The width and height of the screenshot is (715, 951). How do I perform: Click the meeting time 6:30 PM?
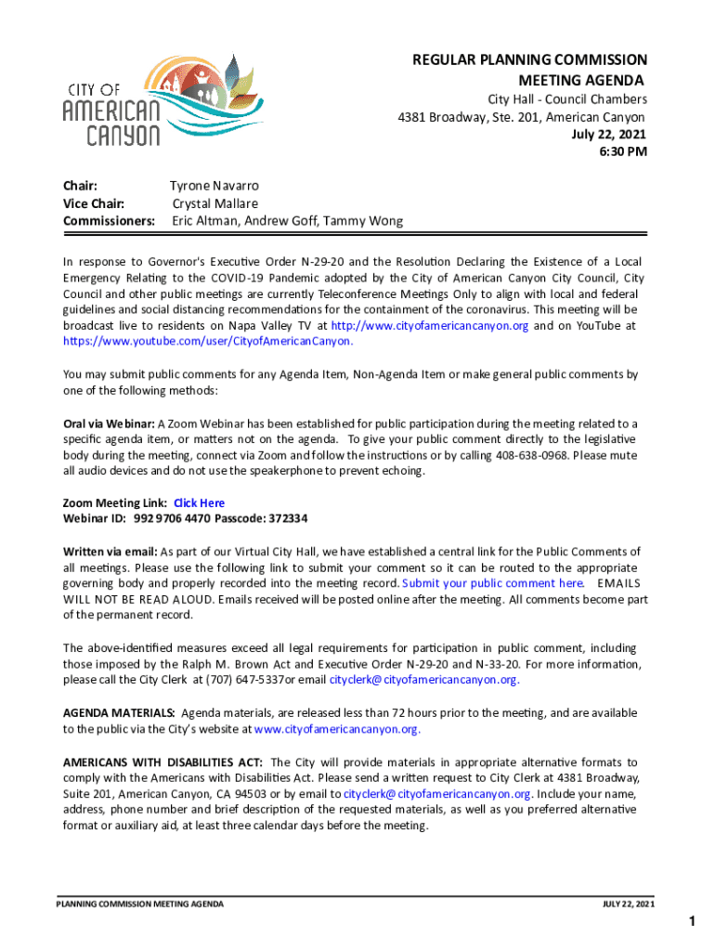pos(622,152)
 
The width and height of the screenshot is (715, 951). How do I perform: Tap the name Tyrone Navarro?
pos(214,186)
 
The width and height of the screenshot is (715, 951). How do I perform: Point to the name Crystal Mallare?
pos(215,203)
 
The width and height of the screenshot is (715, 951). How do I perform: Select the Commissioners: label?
pos(109,221)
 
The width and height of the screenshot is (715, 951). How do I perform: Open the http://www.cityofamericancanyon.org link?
pos(430,326)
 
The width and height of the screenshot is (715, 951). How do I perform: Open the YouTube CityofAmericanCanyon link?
pos(208,342)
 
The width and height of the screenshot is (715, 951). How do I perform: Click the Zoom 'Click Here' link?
pos(199,503)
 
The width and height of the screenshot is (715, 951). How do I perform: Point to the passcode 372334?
pos(287,518)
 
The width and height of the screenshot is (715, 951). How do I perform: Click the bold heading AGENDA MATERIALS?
pos(118,712)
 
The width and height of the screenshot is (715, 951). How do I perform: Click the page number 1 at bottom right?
pos(692,921)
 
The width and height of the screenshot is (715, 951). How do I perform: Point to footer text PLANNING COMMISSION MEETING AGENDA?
pos(139,904)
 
